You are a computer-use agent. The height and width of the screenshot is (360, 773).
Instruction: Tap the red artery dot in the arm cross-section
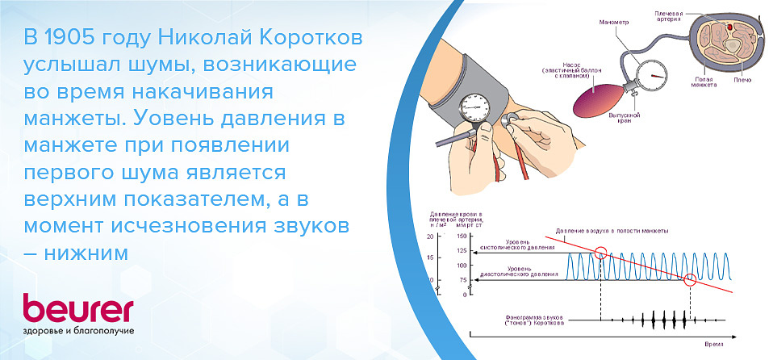(x=731, y=27)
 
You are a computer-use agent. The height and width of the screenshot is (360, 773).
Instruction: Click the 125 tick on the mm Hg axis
(x=462, y=251)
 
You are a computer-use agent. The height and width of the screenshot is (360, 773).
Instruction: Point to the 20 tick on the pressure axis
(x=431, y=237)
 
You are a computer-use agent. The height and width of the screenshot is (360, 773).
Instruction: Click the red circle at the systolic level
(x=600, y=252)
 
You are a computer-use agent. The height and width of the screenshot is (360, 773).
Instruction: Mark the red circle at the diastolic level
(x=690, y=280)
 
